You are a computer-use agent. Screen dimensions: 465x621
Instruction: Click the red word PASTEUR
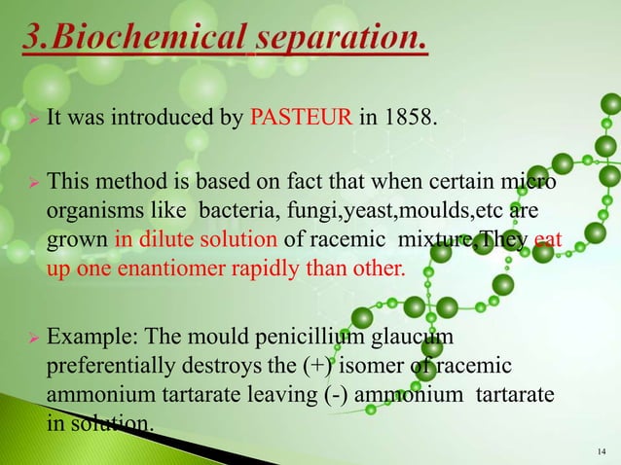(x=292, y=121)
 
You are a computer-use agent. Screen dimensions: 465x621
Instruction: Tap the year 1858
(x=411, y=121)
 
